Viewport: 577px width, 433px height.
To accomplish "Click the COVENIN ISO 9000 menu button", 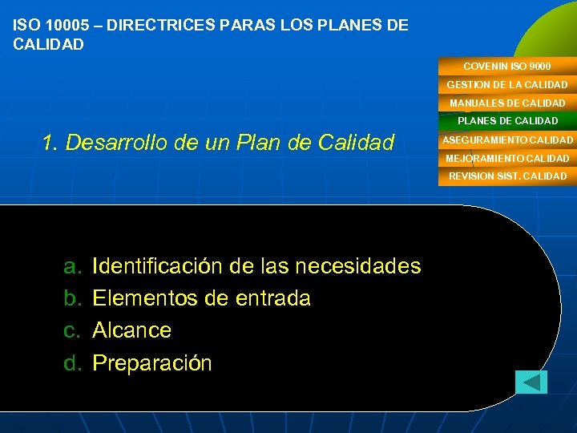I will point(506,66).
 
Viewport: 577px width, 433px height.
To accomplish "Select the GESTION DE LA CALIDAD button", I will point(506,84).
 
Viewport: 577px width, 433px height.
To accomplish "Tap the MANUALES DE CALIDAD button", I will point(506,103).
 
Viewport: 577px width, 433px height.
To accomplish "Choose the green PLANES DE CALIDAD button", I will point(506,121).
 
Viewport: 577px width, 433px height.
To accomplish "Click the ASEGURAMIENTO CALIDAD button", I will point(507,140).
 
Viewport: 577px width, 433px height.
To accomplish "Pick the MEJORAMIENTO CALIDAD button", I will point(507,158).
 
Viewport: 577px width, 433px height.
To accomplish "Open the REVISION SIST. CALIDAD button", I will point(507,176).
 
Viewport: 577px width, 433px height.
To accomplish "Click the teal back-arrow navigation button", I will point(531,382).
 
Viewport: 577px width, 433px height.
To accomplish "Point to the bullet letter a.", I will point(71,266).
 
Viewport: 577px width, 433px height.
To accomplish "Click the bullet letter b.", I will point(71,298).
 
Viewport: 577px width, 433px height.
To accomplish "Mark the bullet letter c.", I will point(71,330).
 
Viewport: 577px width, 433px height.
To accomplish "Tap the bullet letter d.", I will point(71,363).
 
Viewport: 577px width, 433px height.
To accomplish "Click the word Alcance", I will point(132,330).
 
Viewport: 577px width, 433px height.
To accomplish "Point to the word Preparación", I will point(152,364).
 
